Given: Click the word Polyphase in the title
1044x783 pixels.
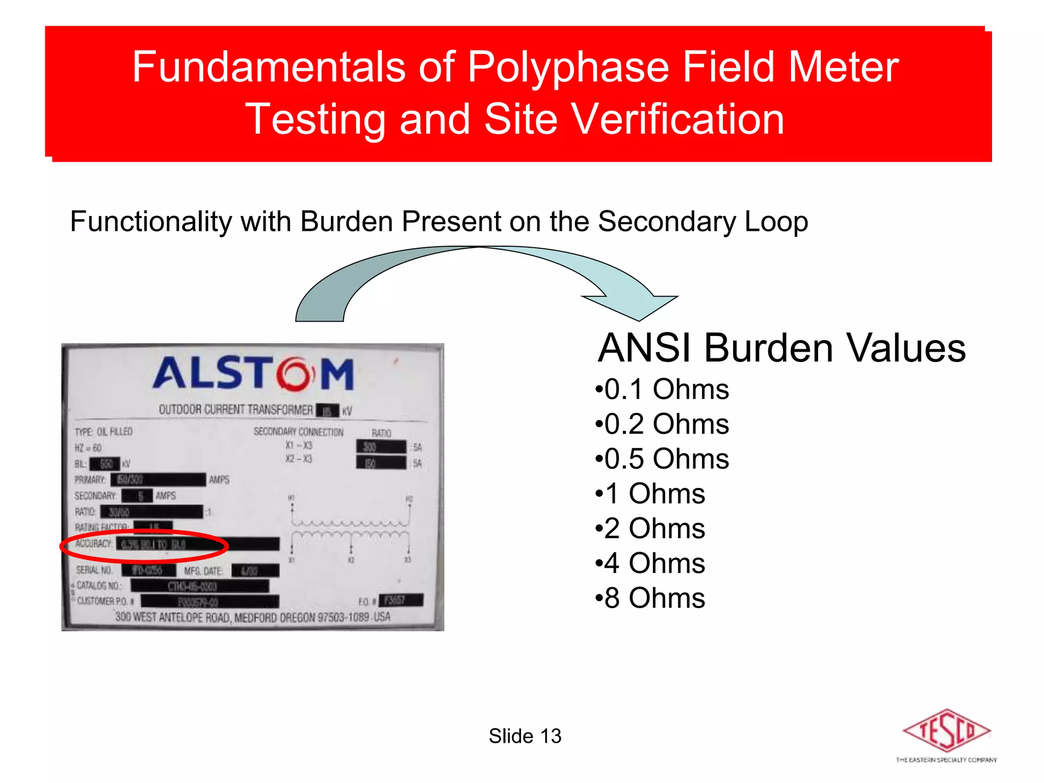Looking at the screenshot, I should tap(568, 68).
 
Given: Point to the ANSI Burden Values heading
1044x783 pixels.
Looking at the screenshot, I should tap(781, 348).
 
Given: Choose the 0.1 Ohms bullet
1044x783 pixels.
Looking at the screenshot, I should tap(662, 390).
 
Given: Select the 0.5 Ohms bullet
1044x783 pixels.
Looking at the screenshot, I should tap(662, 459).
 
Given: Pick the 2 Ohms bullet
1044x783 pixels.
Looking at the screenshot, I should tap(650, 529).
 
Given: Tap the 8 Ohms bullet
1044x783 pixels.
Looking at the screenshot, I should tap(650, 598).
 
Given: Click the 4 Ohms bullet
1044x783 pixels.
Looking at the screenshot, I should tap(650, 563).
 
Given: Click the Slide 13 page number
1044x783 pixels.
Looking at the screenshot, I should tap(525, 736).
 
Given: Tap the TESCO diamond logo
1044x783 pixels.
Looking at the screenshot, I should tap(946, 730).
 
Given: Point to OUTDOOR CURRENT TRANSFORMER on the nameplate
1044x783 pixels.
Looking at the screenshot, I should tap(236, 410).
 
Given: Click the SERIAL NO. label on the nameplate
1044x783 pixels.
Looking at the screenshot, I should tap(95, 570).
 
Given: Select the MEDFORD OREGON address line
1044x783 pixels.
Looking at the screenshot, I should tap(253, 617).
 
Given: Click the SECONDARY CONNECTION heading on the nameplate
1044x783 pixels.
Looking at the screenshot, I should tap(299, 432).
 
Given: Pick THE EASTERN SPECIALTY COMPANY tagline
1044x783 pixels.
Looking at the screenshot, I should tap(946, 760).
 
